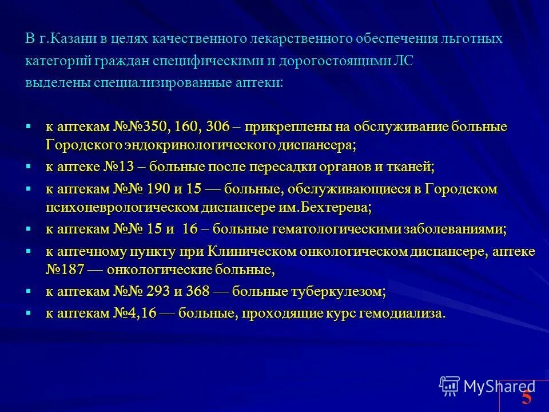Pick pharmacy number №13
(x=117, y=167)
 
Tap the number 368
(x=200, y=291)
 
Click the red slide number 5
(x=527, y=397)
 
